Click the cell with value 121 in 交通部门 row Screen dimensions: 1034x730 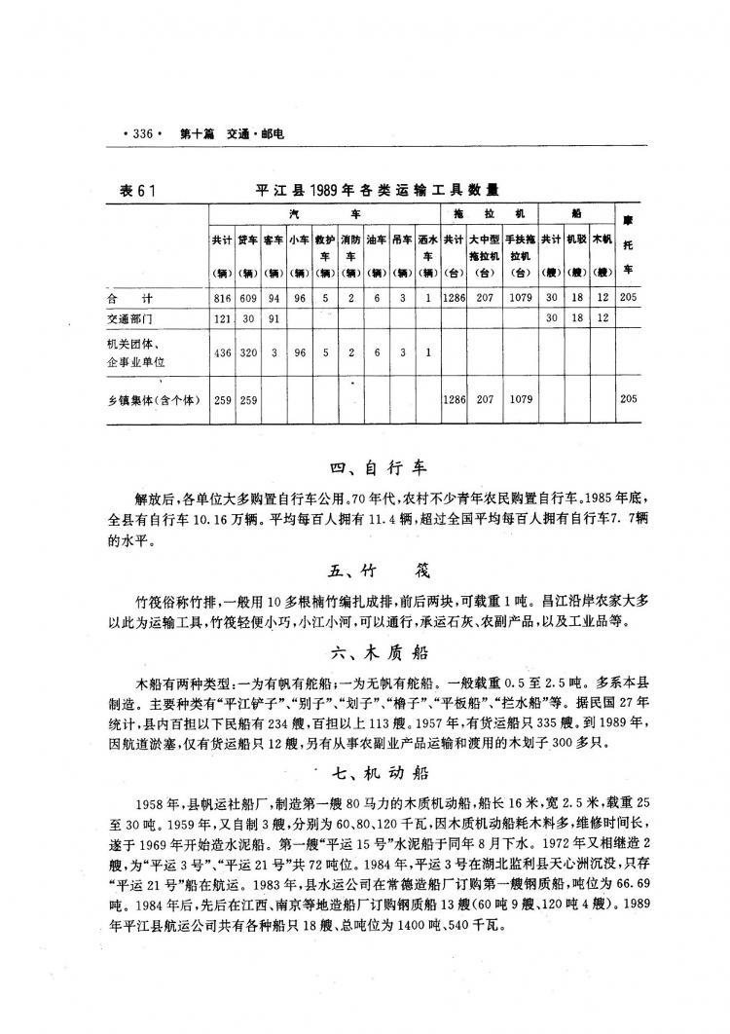pyautogui.click(x=222, y=318)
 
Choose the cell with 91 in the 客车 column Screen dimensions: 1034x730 pyautogui.click(x=274, y=318)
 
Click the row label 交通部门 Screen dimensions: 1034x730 pyautogui.click(x=132, y=318)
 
